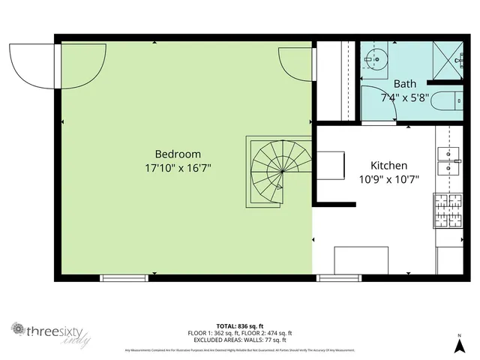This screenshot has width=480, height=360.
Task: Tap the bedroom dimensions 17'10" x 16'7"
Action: click(178, 169)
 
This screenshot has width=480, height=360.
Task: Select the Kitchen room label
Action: click(388, 165)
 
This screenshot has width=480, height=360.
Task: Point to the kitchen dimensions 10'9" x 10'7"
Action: click(388, 179)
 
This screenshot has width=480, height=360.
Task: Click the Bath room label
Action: click(404, 84)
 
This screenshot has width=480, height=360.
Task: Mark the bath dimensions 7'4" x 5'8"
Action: click(405, 97)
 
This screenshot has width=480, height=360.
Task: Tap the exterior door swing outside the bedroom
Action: click(31, 63)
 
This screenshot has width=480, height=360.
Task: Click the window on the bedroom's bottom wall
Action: click(124, 277)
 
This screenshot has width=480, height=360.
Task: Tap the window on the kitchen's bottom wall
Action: click(334, 277)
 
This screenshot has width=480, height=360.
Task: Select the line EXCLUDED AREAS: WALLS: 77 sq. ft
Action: click(240, 340)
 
